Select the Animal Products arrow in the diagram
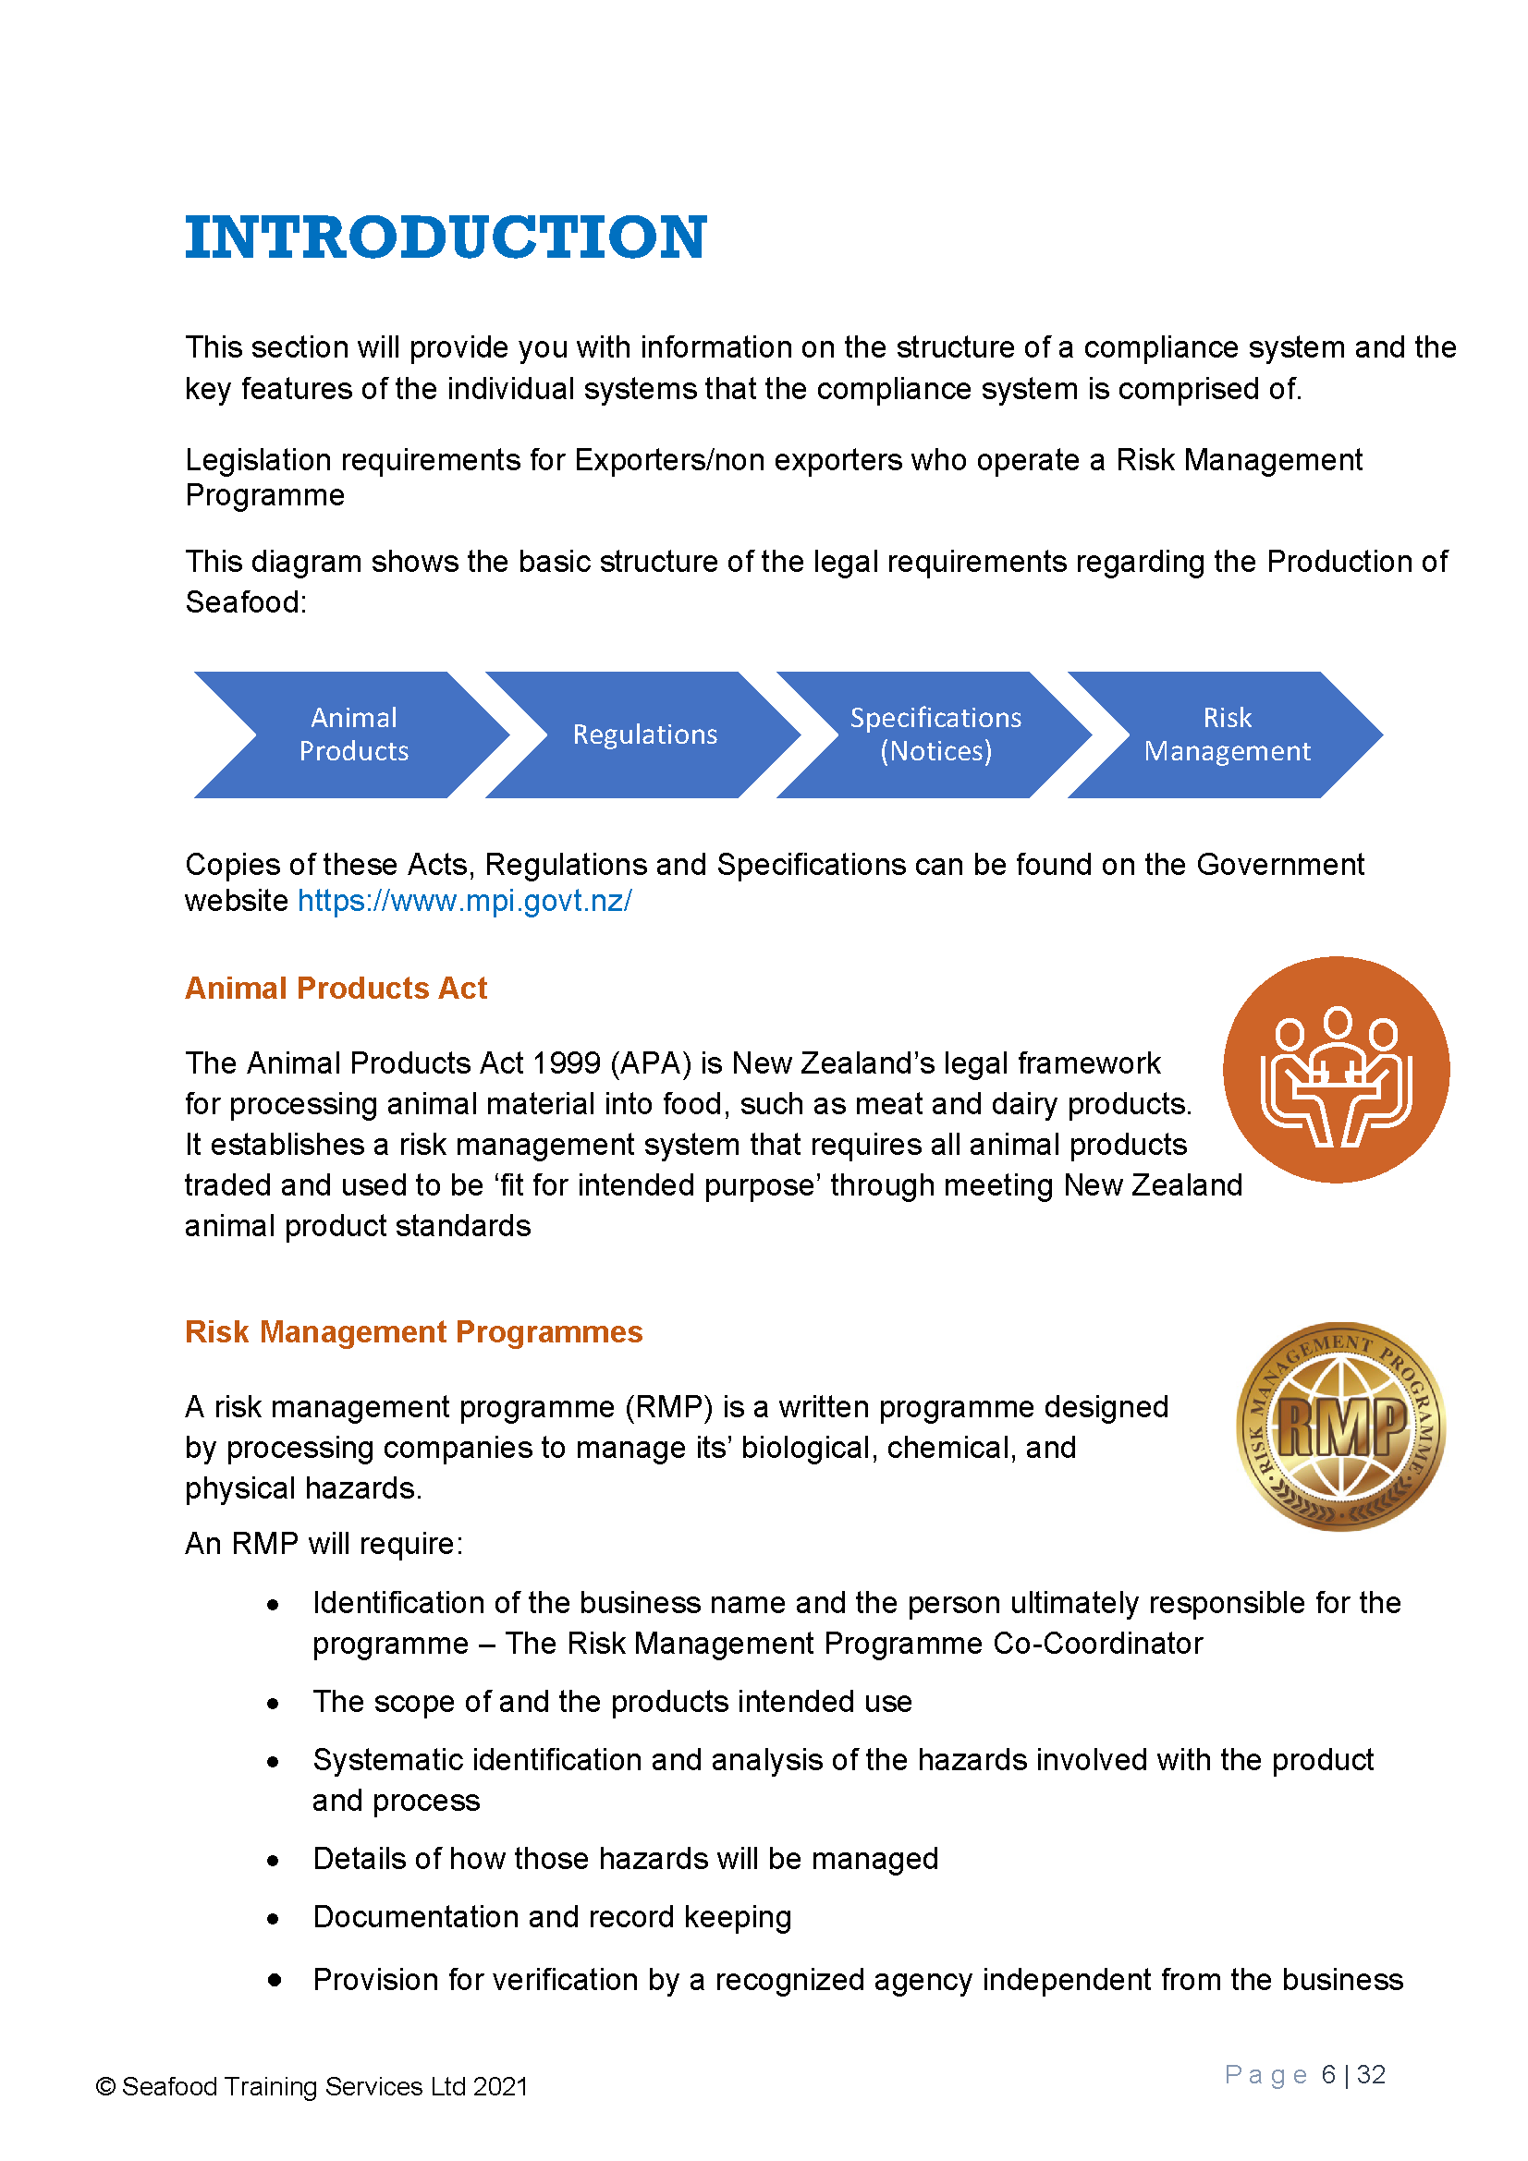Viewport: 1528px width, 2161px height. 353,734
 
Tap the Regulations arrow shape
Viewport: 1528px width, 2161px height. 645,734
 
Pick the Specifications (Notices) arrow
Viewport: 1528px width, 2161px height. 935,734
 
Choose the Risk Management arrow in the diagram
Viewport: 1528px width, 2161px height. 1226,734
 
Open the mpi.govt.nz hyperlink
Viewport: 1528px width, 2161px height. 464,901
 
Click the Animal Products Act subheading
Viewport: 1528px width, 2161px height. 336,989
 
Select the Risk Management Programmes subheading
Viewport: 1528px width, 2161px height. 413,1332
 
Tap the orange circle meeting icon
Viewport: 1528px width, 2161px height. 1335,1069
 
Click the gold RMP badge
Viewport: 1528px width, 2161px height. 1339,1426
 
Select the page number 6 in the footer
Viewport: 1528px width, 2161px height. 1327,2074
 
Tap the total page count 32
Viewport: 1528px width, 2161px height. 1371,2074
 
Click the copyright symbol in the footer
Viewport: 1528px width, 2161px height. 105,2087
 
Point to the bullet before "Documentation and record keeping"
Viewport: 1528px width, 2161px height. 273,1918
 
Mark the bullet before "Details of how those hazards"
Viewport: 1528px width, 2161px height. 273,1860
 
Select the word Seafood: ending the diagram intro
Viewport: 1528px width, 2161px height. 246,602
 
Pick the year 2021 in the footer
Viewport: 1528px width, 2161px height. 500,2087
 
